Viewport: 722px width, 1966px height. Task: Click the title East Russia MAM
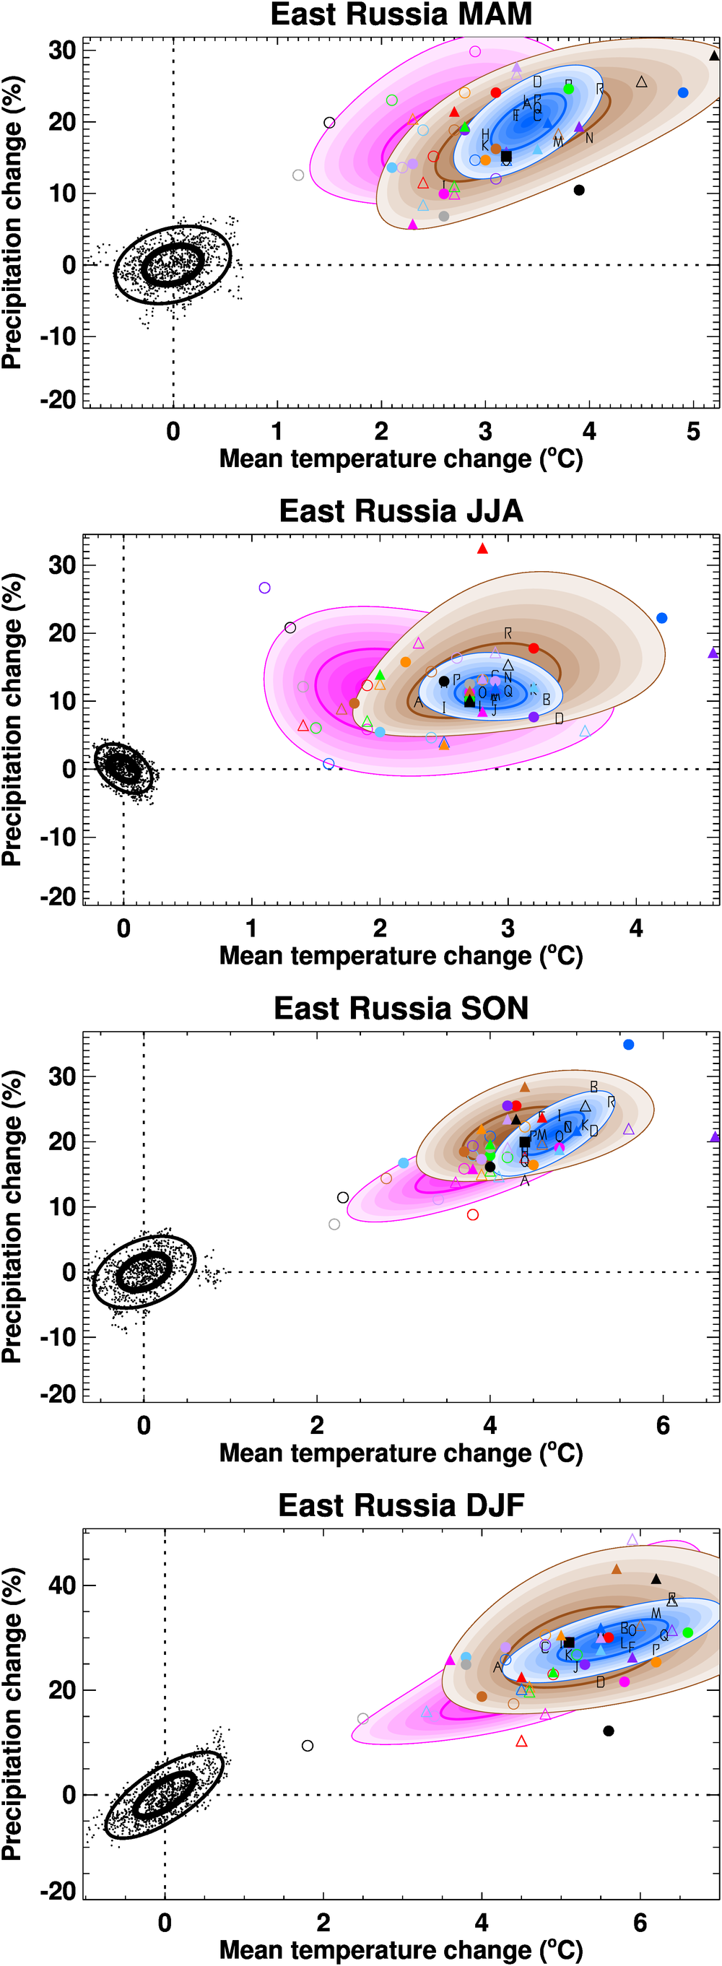[x=401, y=14]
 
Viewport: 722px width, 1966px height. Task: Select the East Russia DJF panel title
[x=401, y=1505]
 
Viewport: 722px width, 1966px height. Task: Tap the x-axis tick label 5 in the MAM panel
[x=693, y=432]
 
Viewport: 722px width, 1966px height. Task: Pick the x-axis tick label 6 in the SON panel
[x=663, y=1426]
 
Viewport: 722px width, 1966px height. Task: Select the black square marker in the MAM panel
[x=506, y=157]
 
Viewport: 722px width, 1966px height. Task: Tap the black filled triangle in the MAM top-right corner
[x=713, y=55]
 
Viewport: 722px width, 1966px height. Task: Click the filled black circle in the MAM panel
[x=579, y=190]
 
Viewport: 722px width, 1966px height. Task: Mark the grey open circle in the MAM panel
[x=298, y=175]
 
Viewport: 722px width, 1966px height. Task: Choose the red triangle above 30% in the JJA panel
[x=482, y=549]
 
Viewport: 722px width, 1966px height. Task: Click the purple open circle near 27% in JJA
[x=265, y=588]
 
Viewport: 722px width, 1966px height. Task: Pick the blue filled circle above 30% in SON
[x=628, y=1045]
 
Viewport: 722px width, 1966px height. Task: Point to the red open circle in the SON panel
[x=473, y=1214]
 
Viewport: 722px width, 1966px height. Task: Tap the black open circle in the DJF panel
[x=308, y=1746]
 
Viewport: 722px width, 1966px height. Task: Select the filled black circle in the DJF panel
[x=608, y=1730]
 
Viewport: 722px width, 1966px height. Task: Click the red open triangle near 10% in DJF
[x=522, y=1741]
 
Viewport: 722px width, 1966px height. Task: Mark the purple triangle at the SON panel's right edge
[x=714, y=1136]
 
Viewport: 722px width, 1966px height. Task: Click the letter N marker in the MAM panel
[x=589, y=138]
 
